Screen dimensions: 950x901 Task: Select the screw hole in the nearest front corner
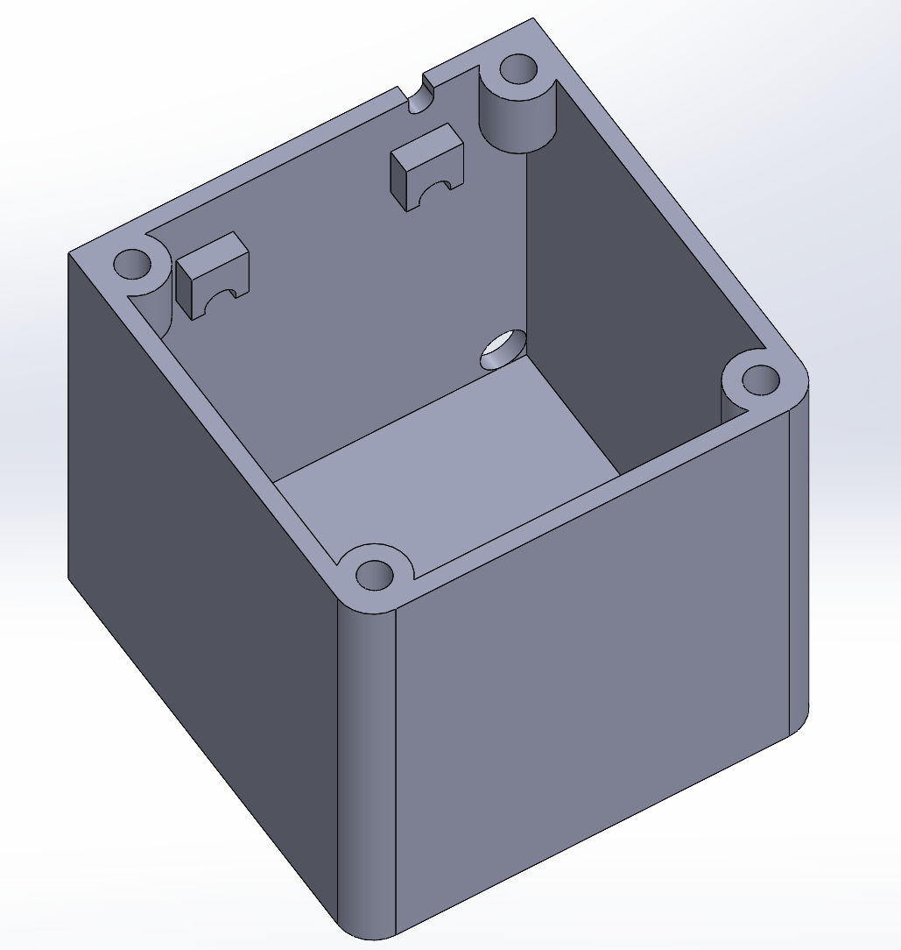[x=375, y=576]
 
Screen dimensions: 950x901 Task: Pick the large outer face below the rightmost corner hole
[x=595, y=684]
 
